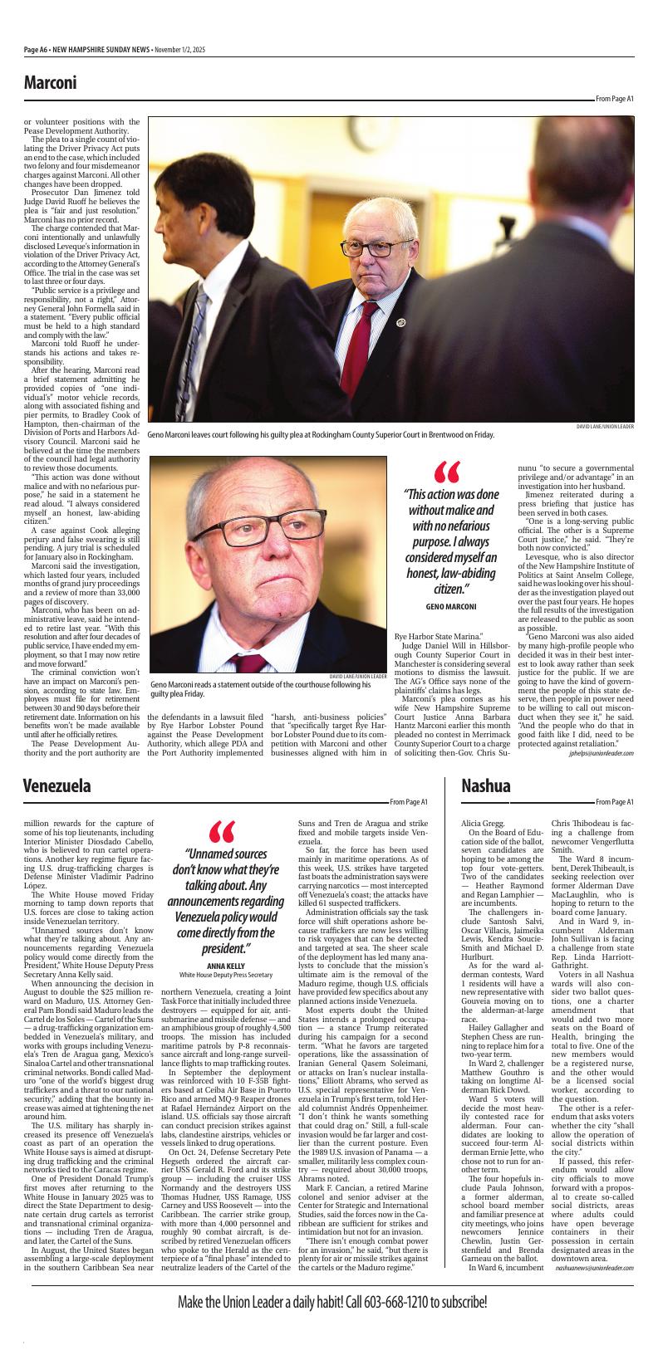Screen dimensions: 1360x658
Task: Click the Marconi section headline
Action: (x=50, y=82)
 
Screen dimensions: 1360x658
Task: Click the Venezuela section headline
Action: (x=56, y=785)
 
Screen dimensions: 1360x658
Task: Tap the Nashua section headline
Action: (x=486, y=785)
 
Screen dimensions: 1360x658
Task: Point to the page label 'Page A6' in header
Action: (x=35, y=50)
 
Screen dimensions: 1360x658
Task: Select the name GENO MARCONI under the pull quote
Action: (x=450, y=607)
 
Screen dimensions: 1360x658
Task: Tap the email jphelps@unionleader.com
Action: (x=601, y=753)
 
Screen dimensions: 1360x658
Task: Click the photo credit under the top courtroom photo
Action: (x=605, y=426)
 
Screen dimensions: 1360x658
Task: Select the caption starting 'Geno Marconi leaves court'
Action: (x=321, y=434)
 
